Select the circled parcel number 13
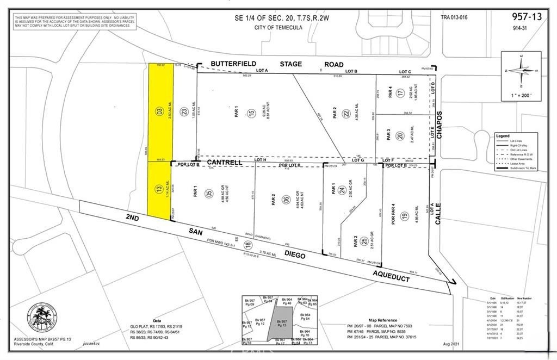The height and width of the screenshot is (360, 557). point(159,190)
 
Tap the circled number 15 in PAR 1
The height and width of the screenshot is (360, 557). point(250,113)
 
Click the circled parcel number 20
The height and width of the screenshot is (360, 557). point(399,136)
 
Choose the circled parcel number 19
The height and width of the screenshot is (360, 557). point(405,217)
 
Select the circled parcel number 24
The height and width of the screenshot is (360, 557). point(342,190)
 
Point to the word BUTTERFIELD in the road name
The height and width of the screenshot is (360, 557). point(234,64)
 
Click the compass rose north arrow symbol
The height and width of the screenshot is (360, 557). point(521,70)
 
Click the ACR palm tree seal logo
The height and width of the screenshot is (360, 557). point(42,317)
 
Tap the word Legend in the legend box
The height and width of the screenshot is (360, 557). point(503,135)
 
